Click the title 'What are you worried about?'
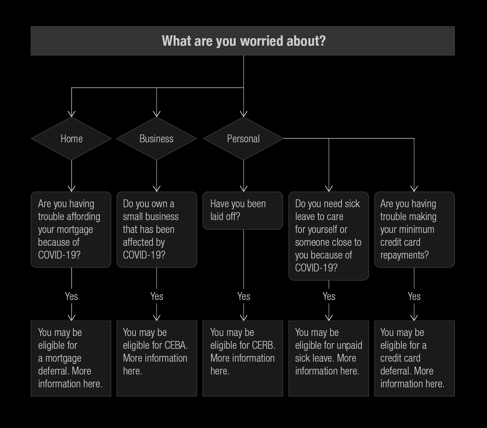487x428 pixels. pos(243,41)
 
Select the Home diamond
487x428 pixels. pos(71,138)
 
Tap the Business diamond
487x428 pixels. pos(157,138)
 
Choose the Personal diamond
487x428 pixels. pos(243,138)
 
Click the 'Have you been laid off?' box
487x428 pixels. pos(243,210)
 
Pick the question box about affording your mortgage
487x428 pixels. pos(71,229)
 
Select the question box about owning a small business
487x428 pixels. pos(157,229)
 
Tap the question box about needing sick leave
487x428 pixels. pos(329,236)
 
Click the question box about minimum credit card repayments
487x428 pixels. pos(414,229)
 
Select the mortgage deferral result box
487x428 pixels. pos(71,358)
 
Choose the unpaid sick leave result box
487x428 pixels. pos(329,358)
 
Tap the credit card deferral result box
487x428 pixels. pos(414,358)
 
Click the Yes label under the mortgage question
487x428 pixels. pos(71,296)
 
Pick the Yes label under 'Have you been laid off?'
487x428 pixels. pos(244,296)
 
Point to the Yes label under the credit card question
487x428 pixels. pos(414,296)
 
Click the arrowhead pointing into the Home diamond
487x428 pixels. pos(71,114)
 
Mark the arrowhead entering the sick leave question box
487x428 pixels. pos(329,189)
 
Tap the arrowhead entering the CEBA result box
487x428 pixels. pos(157,318)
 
